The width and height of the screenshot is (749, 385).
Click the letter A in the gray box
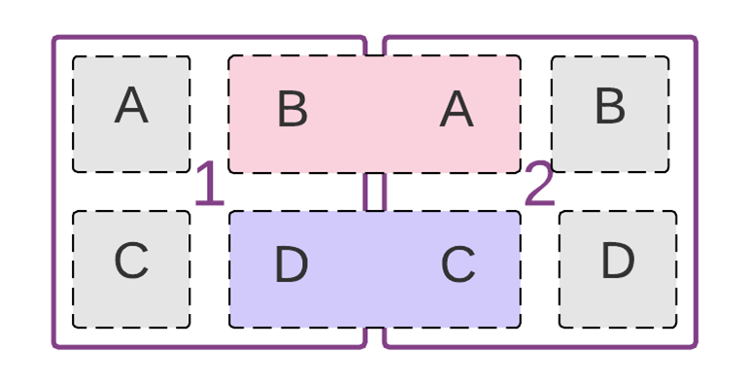(x=131, y=106)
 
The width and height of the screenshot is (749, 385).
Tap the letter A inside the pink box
(x=456, y=110)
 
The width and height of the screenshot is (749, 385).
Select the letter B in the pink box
(x=292, y=110)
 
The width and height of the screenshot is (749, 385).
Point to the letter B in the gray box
(x=609, y=106)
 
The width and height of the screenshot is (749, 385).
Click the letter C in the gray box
(x=131, y=262)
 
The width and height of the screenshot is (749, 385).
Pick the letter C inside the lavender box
(x=458, y=265)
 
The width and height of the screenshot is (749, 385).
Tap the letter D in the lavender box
(x=290, y=265)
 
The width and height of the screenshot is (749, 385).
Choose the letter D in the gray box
(x=617, y=262)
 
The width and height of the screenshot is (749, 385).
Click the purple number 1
(x=209, y=185)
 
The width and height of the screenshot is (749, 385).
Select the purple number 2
(x=539, y=185)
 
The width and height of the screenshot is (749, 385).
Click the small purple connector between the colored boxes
(x=374, y=192)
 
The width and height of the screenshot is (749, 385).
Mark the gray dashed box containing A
(x=97, y=146)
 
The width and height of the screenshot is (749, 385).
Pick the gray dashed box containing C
(x=97, y=301)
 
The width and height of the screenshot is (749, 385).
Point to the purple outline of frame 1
(x=54, y=194)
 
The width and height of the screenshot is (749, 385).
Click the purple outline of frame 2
(x=696, y=194)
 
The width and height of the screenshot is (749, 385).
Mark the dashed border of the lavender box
(x=374, y=327)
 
